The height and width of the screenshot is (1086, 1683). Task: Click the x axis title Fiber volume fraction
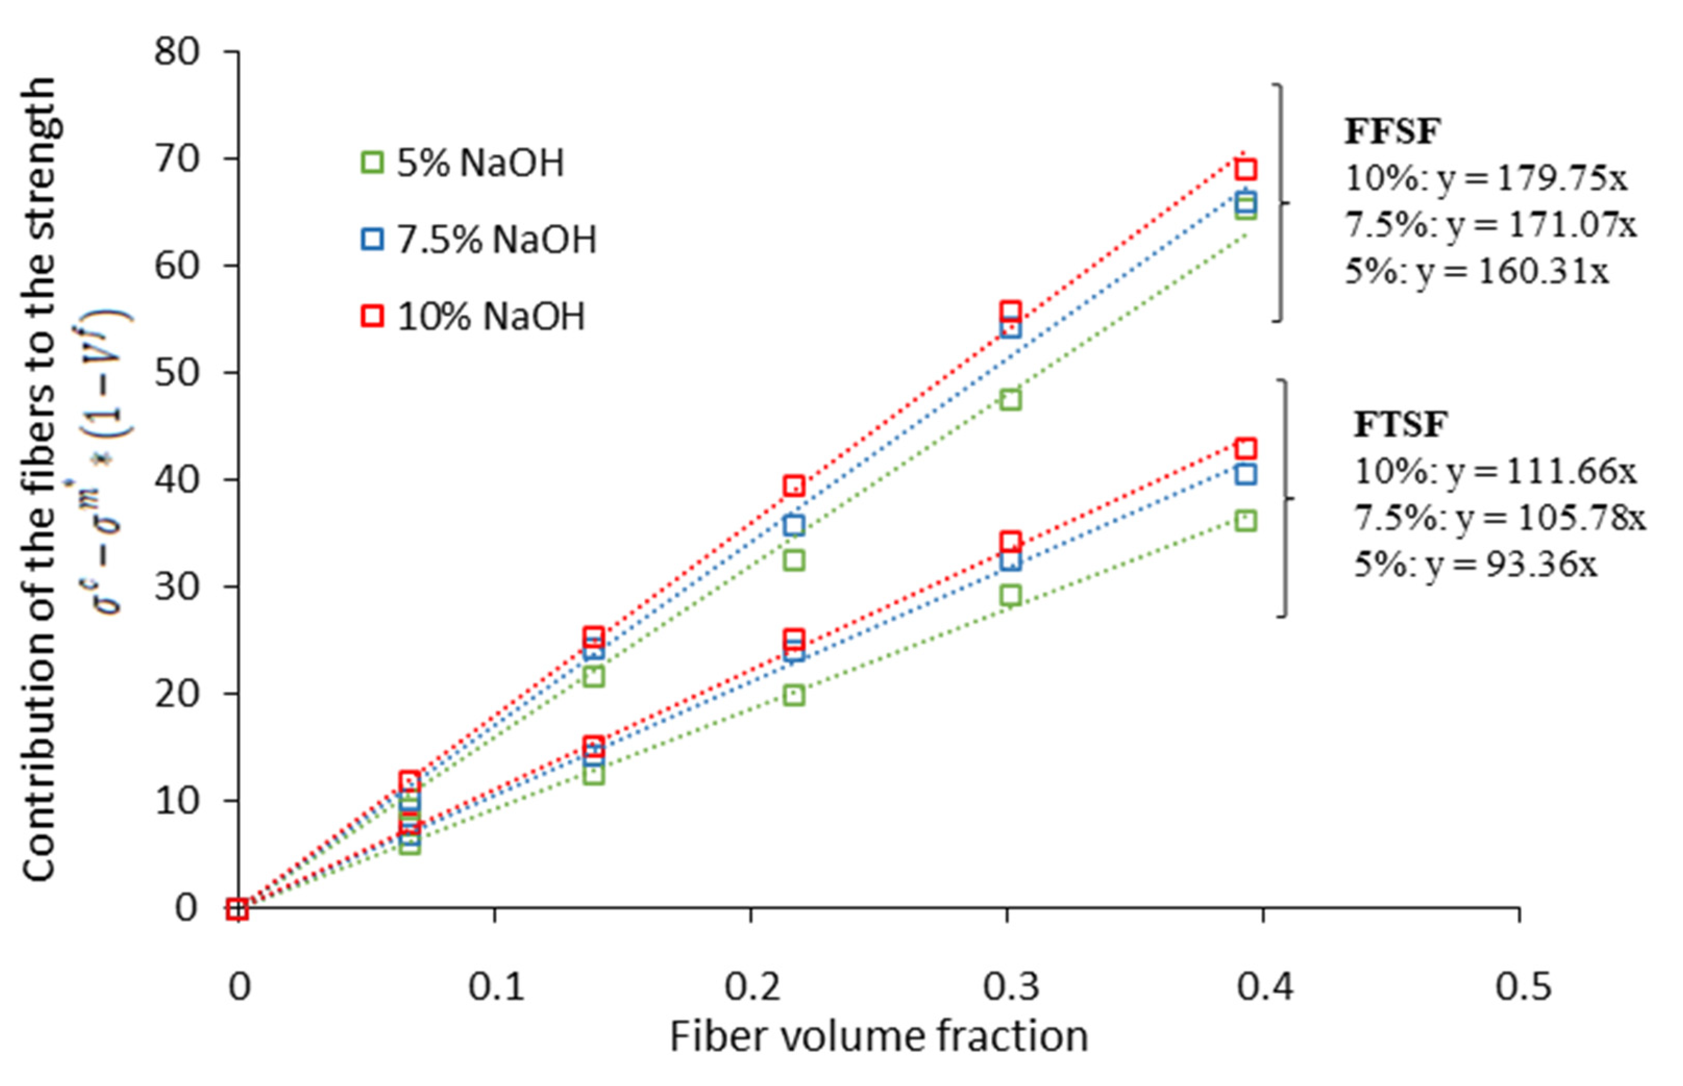[x=878, y=1037]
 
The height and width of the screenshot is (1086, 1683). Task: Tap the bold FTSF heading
[x=1400, y=424]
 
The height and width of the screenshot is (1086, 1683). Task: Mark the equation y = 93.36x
[x=1475, y=564]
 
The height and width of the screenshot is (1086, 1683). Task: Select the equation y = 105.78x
[x=1499, y=519]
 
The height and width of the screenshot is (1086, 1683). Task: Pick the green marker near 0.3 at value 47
[x=1010, y=400]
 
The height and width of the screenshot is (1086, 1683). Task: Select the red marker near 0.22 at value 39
[x=794, y=485]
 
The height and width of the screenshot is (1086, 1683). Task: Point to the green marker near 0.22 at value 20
[x=794, y=696]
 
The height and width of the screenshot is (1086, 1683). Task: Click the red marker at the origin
[x=238, y=910]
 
